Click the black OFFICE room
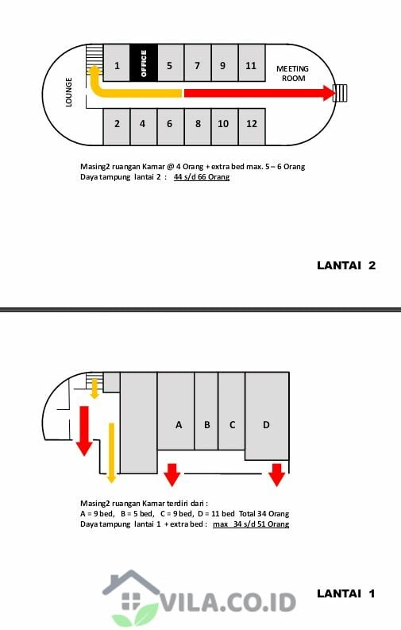(144, 63)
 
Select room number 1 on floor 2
(117, 63)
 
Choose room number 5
(170, 63)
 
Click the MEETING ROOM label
(293, 74)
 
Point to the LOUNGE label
(68, 92)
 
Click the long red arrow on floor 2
(260, 93)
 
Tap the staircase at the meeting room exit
(341, 93)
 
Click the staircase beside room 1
(94, 60)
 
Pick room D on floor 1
(267, 415)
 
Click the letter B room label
(207, 425)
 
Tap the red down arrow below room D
(276, 474)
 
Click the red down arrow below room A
(172, 474)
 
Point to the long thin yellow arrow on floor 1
(112, 453)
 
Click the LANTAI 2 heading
(346, 265)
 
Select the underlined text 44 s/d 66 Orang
(202, 177)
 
